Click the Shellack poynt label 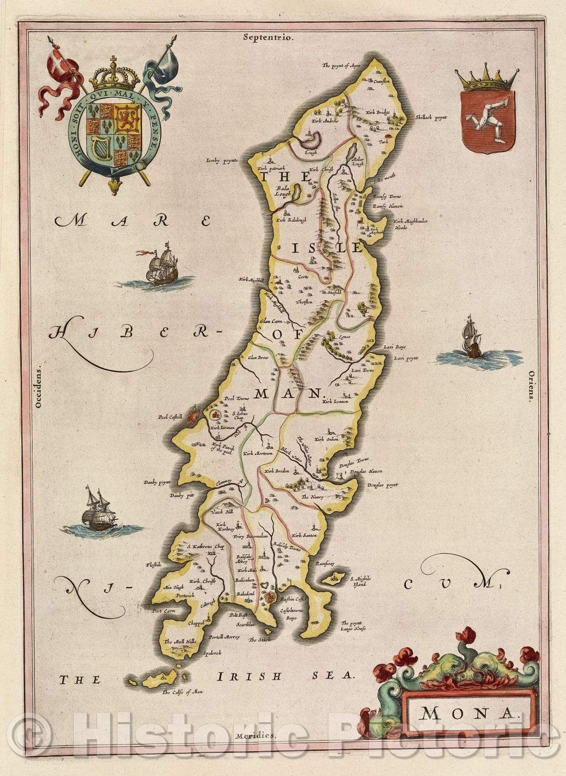click(x=430, y=117)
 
